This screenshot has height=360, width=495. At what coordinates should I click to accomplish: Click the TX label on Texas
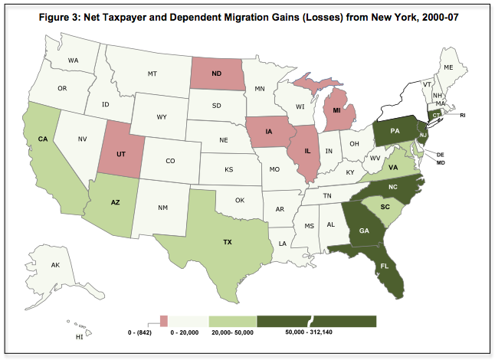(x=227, y=242)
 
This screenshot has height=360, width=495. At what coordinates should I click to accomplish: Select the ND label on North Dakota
(x=217, y=74)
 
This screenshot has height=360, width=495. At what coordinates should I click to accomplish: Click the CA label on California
(x=42, y=139)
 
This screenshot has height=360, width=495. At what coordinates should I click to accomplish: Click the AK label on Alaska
(x=55, y=265)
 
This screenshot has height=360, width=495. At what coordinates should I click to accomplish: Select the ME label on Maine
(x=450, y=67)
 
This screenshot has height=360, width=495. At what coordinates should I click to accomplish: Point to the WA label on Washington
(x=74, y=60)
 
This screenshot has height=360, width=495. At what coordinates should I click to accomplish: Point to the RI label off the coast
(x=463, y=116)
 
